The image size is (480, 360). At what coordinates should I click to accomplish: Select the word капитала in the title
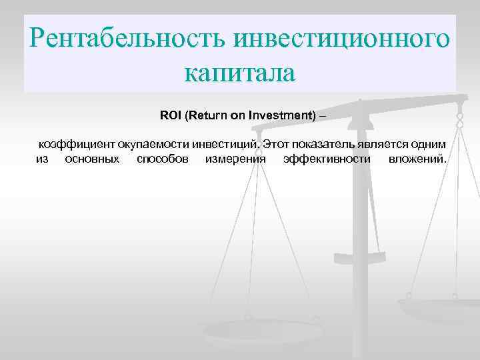click(x=240, y=72)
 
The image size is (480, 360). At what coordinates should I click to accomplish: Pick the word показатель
click(x=317, y=144)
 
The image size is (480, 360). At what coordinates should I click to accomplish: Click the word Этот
click(x=275, y=144)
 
